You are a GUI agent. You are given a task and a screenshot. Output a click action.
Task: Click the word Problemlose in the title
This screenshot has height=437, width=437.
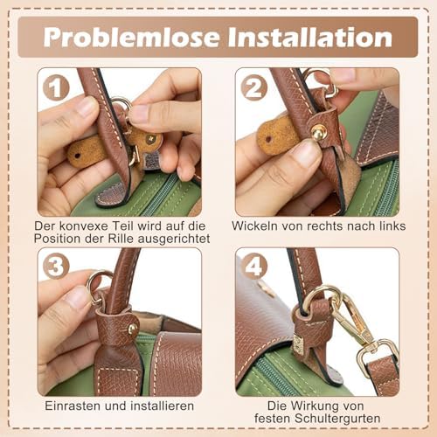pyautogui.click(x=131, y=37)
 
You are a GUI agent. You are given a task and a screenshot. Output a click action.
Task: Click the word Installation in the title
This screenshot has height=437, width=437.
pyautogui.click(x=310, y=37)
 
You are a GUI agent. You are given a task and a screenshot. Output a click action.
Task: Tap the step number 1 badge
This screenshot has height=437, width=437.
pyautogui.click(x=56, y=87)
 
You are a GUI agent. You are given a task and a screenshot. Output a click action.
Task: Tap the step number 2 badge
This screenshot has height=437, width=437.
pyautogui.click(x=254, y=87)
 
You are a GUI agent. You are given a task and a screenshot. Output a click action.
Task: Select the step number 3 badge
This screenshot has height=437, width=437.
pyautogui.click(x=56, y=266)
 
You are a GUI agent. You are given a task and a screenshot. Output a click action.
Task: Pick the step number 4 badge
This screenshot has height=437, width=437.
pyautogui.click(x=254, y=266)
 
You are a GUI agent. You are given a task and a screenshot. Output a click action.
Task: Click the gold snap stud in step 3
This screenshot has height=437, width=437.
pyautogui.click(x=133, y=329)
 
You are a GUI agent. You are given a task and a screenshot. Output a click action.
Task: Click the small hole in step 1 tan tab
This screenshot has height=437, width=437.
pyautogui.click(x=77, y=156)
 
